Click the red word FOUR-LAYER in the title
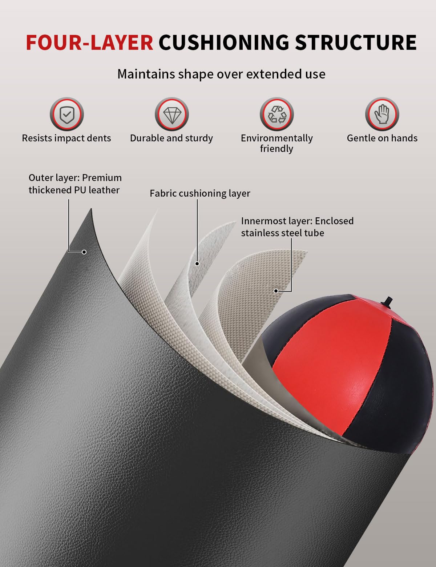click(89, 42)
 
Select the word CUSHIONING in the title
click(224, 42)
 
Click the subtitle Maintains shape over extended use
click(221, 74)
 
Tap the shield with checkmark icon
click(67, 114)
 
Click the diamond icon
click(172, 114)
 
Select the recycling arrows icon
click(276, 114)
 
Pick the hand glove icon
click(382, 114)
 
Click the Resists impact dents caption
click(66, 138)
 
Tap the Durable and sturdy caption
click(171, 138)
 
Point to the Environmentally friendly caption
click(276, 143)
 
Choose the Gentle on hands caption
click(382, 138)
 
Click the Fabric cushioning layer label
click(200, 194)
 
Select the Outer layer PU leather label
click(75, 184)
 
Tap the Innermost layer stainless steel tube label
click(297, 227)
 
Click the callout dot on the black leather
click(84, 252)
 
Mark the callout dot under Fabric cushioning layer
click(197, 264)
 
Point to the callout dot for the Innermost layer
click(276, 291)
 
